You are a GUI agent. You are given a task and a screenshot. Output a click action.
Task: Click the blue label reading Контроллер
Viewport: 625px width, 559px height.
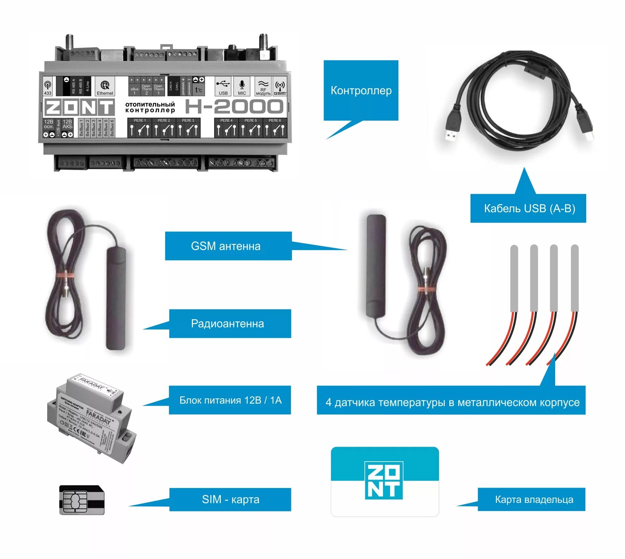coord(361,90)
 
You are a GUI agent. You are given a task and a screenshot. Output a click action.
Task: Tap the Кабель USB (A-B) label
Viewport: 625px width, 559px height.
coord(529,208)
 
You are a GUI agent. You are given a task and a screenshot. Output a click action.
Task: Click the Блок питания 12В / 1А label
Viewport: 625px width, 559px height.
coord(230,400)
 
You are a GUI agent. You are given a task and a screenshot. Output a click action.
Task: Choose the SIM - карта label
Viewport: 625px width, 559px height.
coord(230,499)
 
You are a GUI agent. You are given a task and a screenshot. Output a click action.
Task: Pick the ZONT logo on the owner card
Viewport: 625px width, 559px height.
coord(384,480)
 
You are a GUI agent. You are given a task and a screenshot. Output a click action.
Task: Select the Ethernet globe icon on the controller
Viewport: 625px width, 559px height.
coord(105,85)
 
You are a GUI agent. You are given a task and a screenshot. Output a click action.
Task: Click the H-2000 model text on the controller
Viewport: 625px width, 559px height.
coord(234,107)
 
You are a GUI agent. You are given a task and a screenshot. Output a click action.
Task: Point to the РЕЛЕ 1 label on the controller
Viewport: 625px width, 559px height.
coord(140,120)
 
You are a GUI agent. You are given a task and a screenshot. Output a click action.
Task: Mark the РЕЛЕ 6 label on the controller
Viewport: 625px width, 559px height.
coord(275,120)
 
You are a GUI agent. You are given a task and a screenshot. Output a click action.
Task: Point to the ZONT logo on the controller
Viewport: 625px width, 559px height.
coord(79,107)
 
